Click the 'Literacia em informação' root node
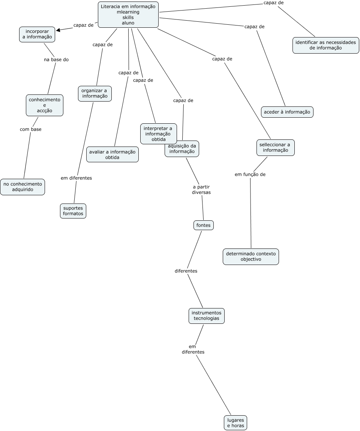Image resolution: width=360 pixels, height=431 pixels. [128, 14]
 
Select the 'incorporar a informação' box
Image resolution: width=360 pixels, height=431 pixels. [37, 34]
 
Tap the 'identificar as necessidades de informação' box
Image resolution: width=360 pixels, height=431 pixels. [325, 45]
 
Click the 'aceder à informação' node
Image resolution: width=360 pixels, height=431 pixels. [287, 112]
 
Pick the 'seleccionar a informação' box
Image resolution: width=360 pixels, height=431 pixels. [275, 147]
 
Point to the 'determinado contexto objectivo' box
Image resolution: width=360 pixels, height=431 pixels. [250, 256]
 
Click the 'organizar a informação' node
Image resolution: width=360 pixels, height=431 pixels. [94, 93]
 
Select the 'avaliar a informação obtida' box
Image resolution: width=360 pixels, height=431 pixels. [112, 154]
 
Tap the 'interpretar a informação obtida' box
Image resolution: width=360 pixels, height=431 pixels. [158, 134]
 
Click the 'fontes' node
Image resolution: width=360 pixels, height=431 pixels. [204, 225]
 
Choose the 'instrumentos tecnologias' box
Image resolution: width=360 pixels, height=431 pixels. [206, 316]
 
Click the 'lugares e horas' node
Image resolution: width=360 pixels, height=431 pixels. [235, 423]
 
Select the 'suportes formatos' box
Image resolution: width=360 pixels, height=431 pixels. [73, 211]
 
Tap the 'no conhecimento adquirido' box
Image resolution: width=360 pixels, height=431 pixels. [22, 187]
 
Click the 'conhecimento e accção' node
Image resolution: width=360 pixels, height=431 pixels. [44, 105]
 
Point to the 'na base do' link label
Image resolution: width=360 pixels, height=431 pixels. [56, 60]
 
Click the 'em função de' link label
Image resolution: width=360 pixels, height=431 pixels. [250, 174]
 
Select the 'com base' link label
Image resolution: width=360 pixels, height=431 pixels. [31, 129]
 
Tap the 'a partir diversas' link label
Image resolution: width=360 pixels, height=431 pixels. [201, 190]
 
